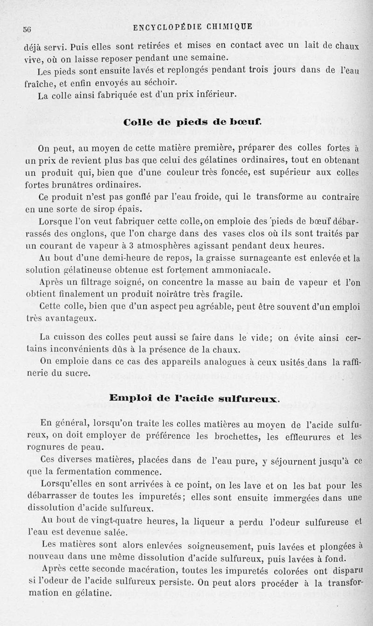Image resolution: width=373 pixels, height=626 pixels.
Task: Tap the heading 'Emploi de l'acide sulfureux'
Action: click(x=194, y=398)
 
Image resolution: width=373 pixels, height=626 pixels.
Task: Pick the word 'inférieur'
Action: click(x=214, y=95)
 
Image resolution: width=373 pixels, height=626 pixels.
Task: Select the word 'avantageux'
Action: click(x=68, y=319)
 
